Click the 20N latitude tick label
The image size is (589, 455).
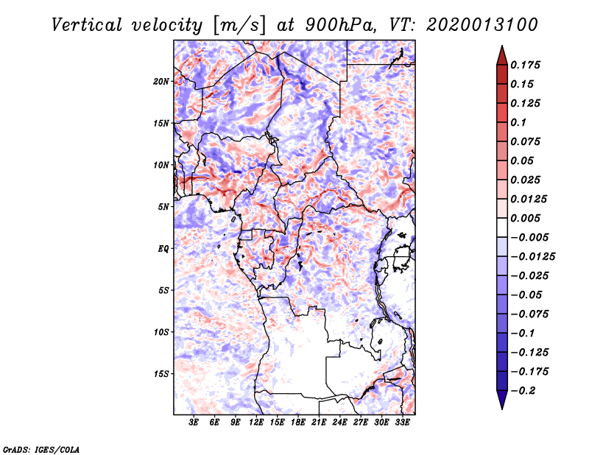[x=161, y=82]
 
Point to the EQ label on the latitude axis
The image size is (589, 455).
[x=163, y=249]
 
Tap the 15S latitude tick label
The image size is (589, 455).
[x=161, y=374]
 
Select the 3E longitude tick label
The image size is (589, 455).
[x=194, y=423]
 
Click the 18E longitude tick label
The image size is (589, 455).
[x=298, y=423]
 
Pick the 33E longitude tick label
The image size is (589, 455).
[x=402, y=423]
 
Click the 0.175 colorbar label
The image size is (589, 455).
[x=525, y=65]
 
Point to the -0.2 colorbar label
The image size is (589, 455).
[x=523, y=391]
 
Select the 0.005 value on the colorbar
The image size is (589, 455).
[x=525, y=218]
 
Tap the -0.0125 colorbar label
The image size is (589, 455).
[x=532, y=257]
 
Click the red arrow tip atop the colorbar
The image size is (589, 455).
[x=502, y=46]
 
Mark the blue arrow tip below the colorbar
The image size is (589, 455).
[x=502, y=409]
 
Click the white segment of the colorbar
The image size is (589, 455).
[x=502, y=227]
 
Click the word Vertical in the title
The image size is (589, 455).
[x=87, y=25]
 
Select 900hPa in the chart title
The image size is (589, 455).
[x=341, y=25]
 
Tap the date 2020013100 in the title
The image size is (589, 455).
[x=482, y=25]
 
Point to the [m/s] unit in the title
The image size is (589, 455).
[x=239, y=25]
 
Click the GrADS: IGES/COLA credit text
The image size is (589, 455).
[x=41, y=449]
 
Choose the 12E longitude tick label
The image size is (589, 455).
[x=256, y=423]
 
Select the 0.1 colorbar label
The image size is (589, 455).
[x=518, y=122]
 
